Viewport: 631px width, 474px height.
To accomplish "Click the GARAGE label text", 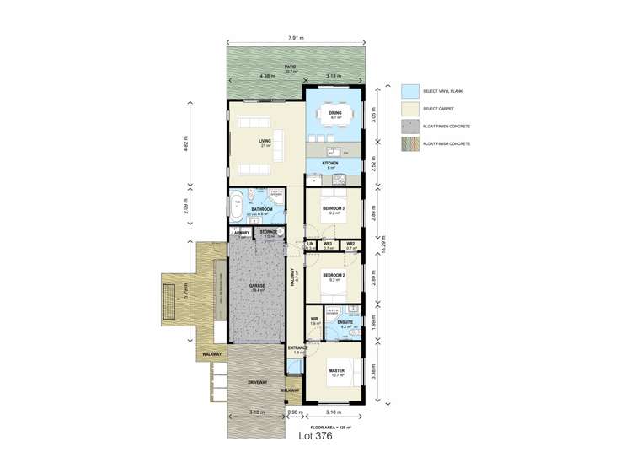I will pos(257,286).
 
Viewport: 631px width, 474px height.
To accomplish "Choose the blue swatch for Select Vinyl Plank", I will pos(409,90).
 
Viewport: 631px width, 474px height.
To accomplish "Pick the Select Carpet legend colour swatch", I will pos(409,109).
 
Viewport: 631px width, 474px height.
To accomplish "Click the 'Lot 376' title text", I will pos(315,436).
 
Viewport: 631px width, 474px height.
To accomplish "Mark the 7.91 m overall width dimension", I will pos(295,38).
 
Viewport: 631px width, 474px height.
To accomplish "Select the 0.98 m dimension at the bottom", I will pos(293,412).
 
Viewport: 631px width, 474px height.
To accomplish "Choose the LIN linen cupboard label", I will pos(310,245).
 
